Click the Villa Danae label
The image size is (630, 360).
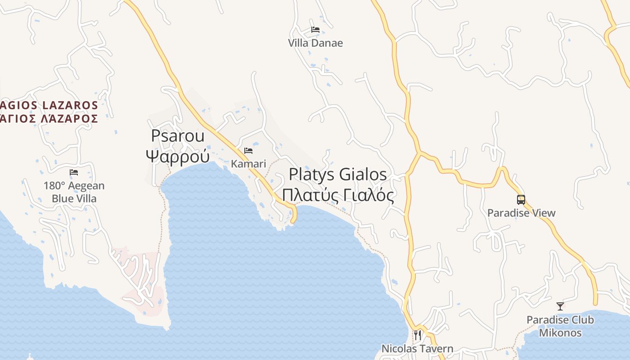click(315, 43)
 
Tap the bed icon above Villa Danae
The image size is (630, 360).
click(315, 30)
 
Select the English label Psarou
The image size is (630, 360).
click(178, 135)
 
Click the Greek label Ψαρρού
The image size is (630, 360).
click(178, 156)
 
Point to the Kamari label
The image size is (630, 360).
click(248, 164)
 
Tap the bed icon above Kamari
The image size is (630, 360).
click(248, 151)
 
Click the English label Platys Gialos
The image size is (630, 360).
click(337, 174)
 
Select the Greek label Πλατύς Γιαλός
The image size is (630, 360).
click(337, 195)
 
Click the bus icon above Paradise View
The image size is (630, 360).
click(521, 200)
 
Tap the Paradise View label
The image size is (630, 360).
click(521, 213)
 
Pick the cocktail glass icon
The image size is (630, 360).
click(560, 306)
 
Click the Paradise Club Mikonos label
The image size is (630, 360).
click(560, 327)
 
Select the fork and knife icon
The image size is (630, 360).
click(418, 335)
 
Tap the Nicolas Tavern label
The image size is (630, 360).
click(417, 348)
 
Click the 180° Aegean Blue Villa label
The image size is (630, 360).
click(74, 192)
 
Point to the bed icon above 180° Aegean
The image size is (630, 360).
click(74, 172)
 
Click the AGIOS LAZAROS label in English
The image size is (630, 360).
click(49, 105)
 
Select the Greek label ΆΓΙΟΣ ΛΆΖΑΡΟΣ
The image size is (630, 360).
click(49, 118)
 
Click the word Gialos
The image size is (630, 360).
click(363, 174)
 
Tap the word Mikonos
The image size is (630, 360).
click(560, 333)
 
